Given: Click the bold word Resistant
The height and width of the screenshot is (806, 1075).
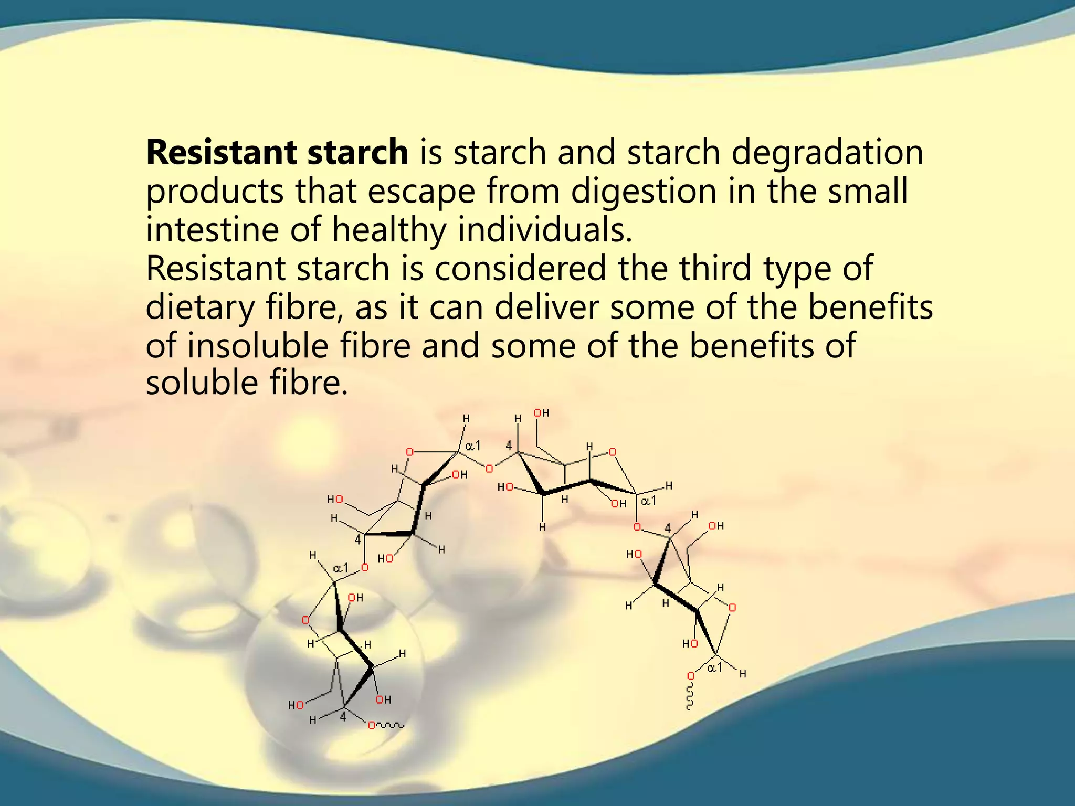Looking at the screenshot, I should click(x=220, y=153).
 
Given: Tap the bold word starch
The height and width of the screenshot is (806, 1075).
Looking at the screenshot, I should click(x=357, y=153).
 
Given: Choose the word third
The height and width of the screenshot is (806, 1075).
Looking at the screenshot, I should click(x=716, y=269).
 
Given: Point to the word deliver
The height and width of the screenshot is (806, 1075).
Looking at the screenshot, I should click(x=546, y=307).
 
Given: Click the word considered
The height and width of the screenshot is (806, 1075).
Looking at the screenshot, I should click(x=520, y=269).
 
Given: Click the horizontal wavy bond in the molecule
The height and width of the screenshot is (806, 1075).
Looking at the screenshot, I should click(x=391, y=726).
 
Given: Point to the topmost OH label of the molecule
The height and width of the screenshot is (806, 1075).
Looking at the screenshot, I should click(x=541, y=413).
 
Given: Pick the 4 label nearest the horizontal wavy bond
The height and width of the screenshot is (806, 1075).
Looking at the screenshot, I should click(x=343, y=717).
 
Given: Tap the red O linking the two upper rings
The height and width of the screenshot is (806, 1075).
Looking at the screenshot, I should click(x=489, y=469).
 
